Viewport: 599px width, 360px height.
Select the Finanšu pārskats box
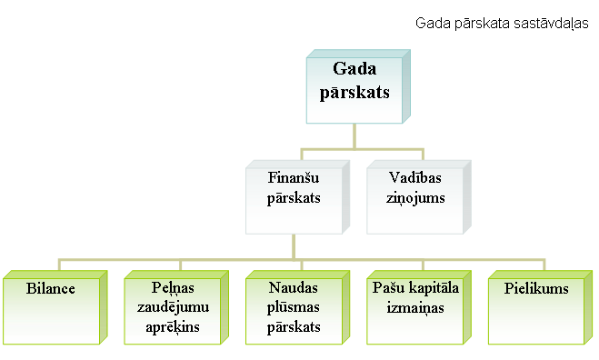coord(292,194)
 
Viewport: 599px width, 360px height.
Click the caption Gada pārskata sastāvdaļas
coord(501,23)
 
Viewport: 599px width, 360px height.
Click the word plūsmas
coord(292,306)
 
